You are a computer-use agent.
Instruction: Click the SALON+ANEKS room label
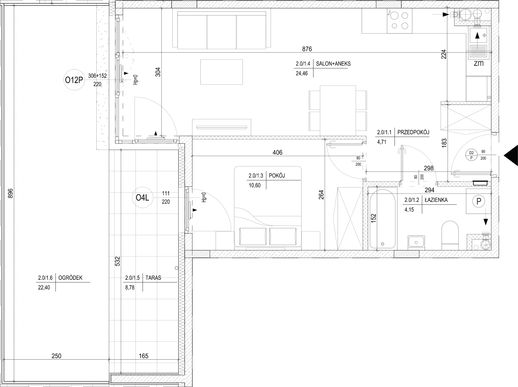pyautogui.click(x=333, y=64)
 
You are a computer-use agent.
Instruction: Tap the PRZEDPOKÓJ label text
pyautogui.click(x=413, y=132)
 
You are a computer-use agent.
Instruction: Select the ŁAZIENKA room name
pyautogui.click(x=436, y=200)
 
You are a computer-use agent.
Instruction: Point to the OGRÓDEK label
pyautogui.click(x=70, y=278)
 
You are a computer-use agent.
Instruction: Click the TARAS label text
pyautogui.click(x=153, y=278)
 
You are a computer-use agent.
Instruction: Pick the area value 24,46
pyautogui.click(x=302, y=74)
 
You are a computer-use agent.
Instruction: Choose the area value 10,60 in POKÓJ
pyautogui.click(x=255, y=185)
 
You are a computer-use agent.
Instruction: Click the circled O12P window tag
pyautogui.click(x=74, y=80)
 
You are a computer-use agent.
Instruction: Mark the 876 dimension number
pyautogui.click(x=307, y=49)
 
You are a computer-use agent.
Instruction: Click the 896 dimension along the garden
pyautogui.click(x=11, y=193)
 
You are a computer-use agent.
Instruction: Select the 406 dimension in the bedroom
pyautogui.click(x=278, y=153)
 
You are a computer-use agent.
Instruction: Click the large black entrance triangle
pyautogui.click(x=511, y=156)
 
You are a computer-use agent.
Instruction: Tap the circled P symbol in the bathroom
pyautogui.click(x=479, y=202)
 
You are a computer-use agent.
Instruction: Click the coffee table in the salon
pyautogui.click(x=222, y=72)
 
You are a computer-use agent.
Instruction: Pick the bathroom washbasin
pyautogui.click(x=416, y=242)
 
